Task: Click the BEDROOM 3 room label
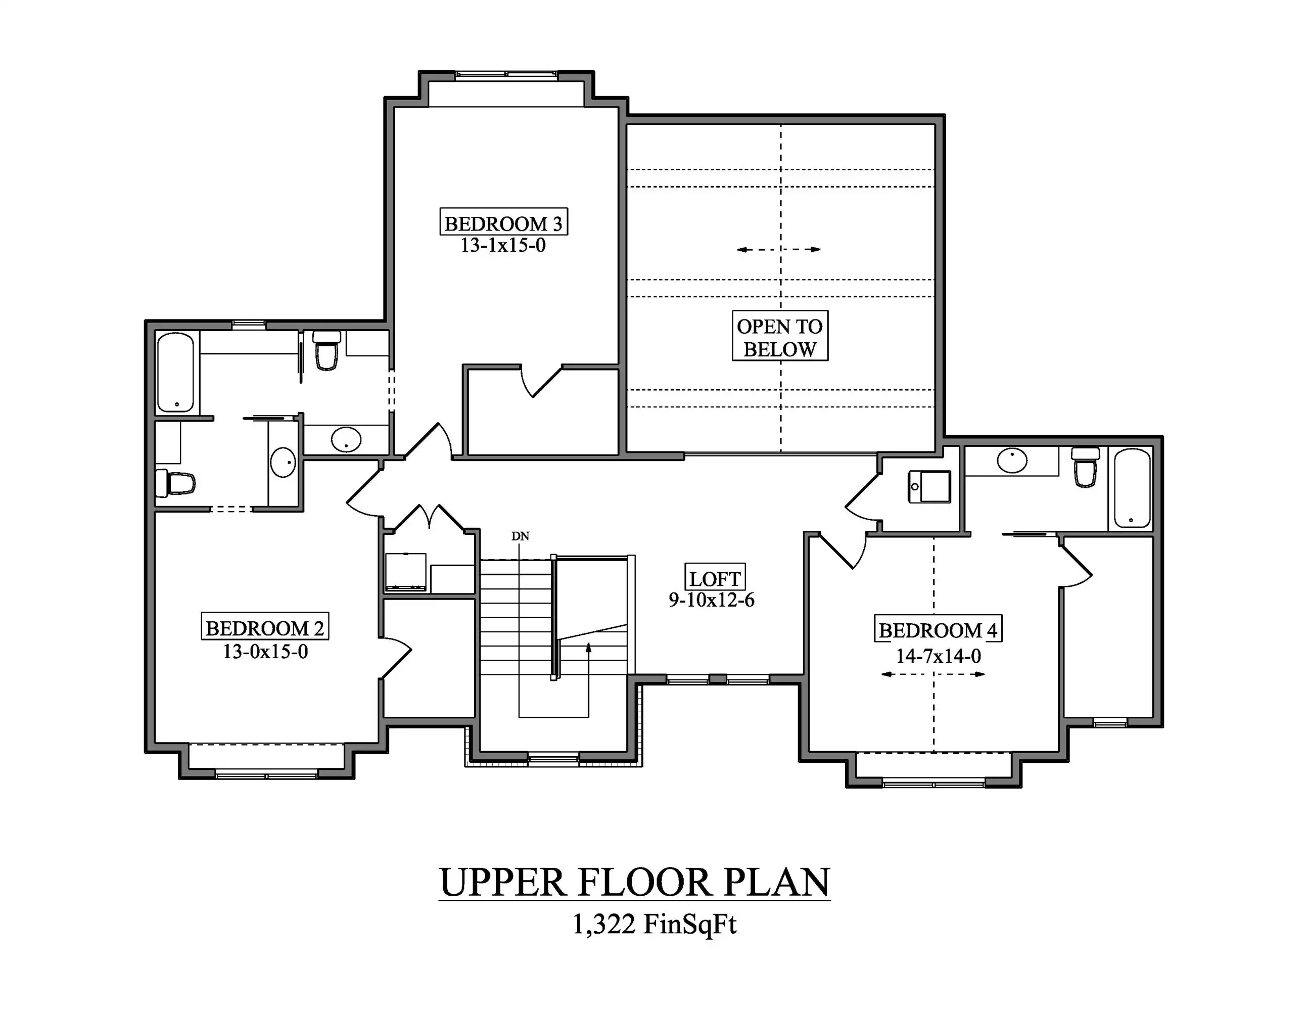(x=504, y=223)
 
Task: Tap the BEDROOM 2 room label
(x=265, y=627)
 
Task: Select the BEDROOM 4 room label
(x=938, y=629)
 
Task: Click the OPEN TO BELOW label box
(x=780, y=336)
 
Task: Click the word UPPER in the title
(x=502, y=882)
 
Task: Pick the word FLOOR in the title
(x=645, y=882)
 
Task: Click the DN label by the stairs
(x=520, y=536)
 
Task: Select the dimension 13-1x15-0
(x=503, y=245)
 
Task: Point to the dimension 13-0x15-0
(x=265, y=651)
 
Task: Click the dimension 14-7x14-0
(x=939, y=656)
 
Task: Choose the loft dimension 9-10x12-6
(x=712, y=600)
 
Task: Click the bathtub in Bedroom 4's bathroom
(x=1131, y=487)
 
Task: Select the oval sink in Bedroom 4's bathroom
(x=1012, y=461)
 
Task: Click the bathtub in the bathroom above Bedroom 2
(x=175, y=372)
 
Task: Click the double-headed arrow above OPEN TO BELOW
(x=778, y=249)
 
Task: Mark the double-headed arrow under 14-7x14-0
(x=933, y=674)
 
